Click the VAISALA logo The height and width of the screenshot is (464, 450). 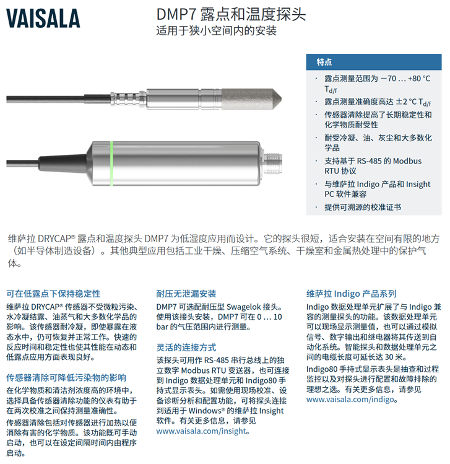(43, 19)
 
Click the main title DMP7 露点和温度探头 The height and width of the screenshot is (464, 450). (231, 14)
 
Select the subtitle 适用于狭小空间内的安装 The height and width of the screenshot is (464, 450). (217, 30)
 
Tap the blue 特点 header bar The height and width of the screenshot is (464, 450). (374, 62)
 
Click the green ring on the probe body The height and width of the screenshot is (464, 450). (111, 164)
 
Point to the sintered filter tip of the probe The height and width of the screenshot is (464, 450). (251, 99)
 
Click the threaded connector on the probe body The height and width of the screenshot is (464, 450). (272, 164)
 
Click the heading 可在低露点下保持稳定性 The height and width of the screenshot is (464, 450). (53, 294)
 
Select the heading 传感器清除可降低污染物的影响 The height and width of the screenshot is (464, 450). (66, 378)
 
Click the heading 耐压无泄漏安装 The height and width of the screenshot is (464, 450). (186, 294)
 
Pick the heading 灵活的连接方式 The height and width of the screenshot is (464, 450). (186, 348)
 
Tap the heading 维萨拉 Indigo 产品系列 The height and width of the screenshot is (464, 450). (351, 294)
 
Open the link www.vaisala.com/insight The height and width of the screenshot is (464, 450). (201, 431)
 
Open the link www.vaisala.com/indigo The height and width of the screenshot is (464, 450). (350, 399)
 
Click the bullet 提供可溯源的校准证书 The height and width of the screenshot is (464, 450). (363, 207)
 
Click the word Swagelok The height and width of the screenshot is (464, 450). (246, 307)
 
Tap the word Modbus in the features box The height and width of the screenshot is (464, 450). (407, 160)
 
